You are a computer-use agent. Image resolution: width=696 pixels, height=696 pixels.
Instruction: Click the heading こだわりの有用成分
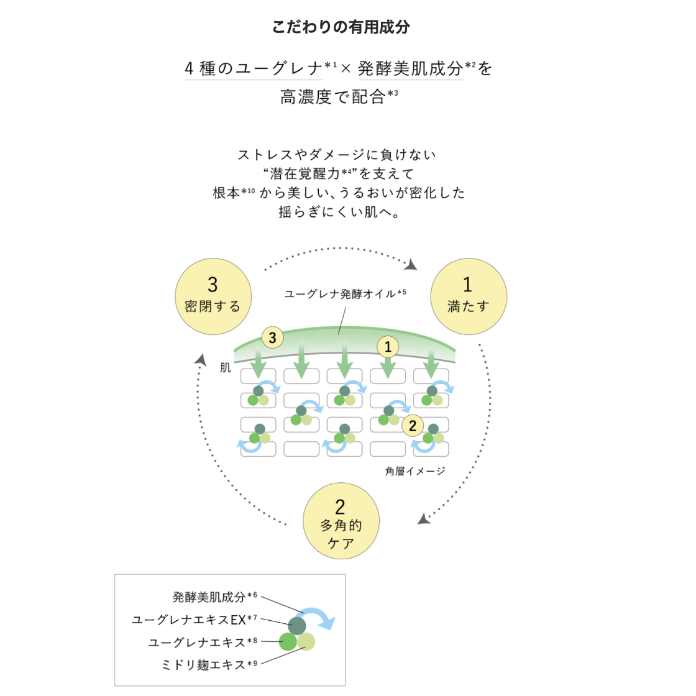click(341, 27)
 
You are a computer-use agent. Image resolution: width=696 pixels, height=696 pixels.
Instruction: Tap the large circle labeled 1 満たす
click(469, 296)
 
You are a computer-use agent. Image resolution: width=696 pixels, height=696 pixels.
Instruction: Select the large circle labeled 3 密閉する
click(213, 296)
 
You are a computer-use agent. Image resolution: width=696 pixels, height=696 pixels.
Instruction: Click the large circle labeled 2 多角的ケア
click(341, 521)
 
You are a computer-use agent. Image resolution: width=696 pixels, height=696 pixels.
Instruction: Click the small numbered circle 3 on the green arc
click(272, 338)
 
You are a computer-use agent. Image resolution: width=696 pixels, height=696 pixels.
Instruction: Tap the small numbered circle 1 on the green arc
click(388, 347)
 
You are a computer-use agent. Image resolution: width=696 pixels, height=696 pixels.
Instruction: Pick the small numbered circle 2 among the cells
click(413, 426)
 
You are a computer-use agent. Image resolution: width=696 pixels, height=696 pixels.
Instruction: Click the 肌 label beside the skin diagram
click(226, 368)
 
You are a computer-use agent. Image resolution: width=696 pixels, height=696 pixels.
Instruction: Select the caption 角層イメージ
click(415, 471)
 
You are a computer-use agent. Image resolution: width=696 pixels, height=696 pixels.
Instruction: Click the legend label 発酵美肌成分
click(209, 597)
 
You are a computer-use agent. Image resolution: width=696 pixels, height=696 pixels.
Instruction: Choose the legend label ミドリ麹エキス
click(203, 665)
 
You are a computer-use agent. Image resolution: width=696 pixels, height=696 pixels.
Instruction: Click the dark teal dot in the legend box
click(297, 625)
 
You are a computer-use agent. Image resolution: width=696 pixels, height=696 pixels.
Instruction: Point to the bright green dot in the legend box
click(288, 641)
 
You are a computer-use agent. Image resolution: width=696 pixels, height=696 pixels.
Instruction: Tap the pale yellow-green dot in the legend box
click(306, 641)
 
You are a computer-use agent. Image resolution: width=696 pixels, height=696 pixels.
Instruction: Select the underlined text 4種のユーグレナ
click(254, 68)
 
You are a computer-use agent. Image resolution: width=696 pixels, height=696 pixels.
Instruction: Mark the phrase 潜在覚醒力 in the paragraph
click(304, 174)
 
